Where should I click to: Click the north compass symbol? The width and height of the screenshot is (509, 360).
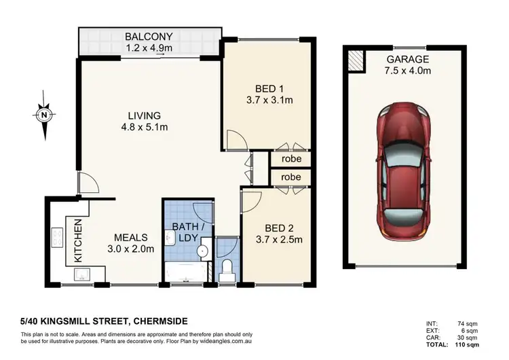tap(44, 115)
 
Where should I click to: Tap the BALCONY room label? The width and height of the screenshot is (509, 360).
tap(149, 37)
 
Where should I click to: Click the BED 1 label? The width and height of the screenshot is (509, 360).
tap(264, 89)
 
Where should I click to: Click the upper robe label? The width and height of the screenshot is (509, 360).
tap(290, 158)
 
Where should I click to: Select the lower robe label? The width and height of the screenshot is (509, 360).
tap(290, 177)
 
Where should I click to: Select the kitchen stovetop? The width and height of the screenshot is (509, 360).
tap(56, 238)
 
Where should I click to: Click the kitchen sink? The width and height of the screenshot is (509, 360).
tap(84, 274)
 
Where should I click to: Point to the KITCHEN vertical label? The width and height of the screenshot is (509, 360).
tap(77, 240)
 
